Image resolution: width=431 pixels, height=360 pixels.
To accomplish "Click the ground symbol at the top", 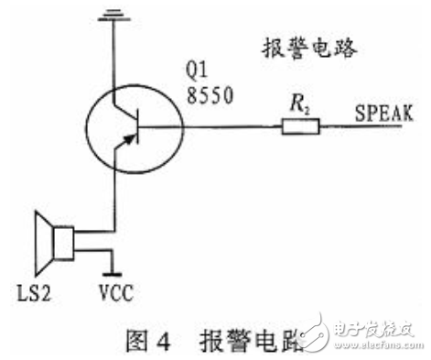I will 112,14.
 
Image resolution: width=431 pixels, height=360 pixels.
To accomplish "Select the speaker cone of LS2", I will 41,244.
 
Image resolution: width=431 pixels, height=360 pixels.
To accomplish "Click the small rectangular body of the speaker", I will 63,244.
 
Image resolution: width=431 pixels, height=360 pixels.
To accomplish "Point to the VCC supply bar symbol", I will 112,272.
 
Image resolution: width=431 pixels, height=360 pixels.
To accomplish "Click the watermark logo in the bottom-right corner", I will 366,334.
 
